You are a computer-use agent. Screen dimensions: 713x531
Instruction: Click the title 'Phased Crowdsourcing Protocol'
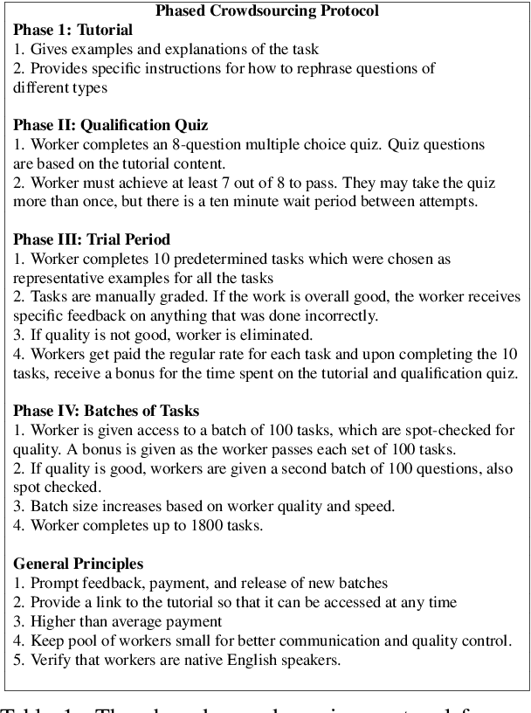pos(266,11)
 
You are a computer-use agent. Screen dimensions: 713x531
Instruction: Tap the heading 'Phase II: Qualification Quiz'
pos(111,124)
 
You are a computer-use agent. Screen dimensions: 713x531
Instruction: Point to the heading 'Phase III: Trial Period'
pos(92,239)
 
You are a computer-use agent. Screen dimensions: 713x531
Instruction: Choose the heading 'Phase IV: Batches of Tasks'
pos(107,411)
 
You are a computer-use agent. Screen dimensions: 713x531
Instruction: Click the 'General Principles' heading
pos(79,564)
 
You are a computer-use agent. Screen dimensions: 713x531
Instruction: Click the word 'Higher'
pos(53,621)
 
